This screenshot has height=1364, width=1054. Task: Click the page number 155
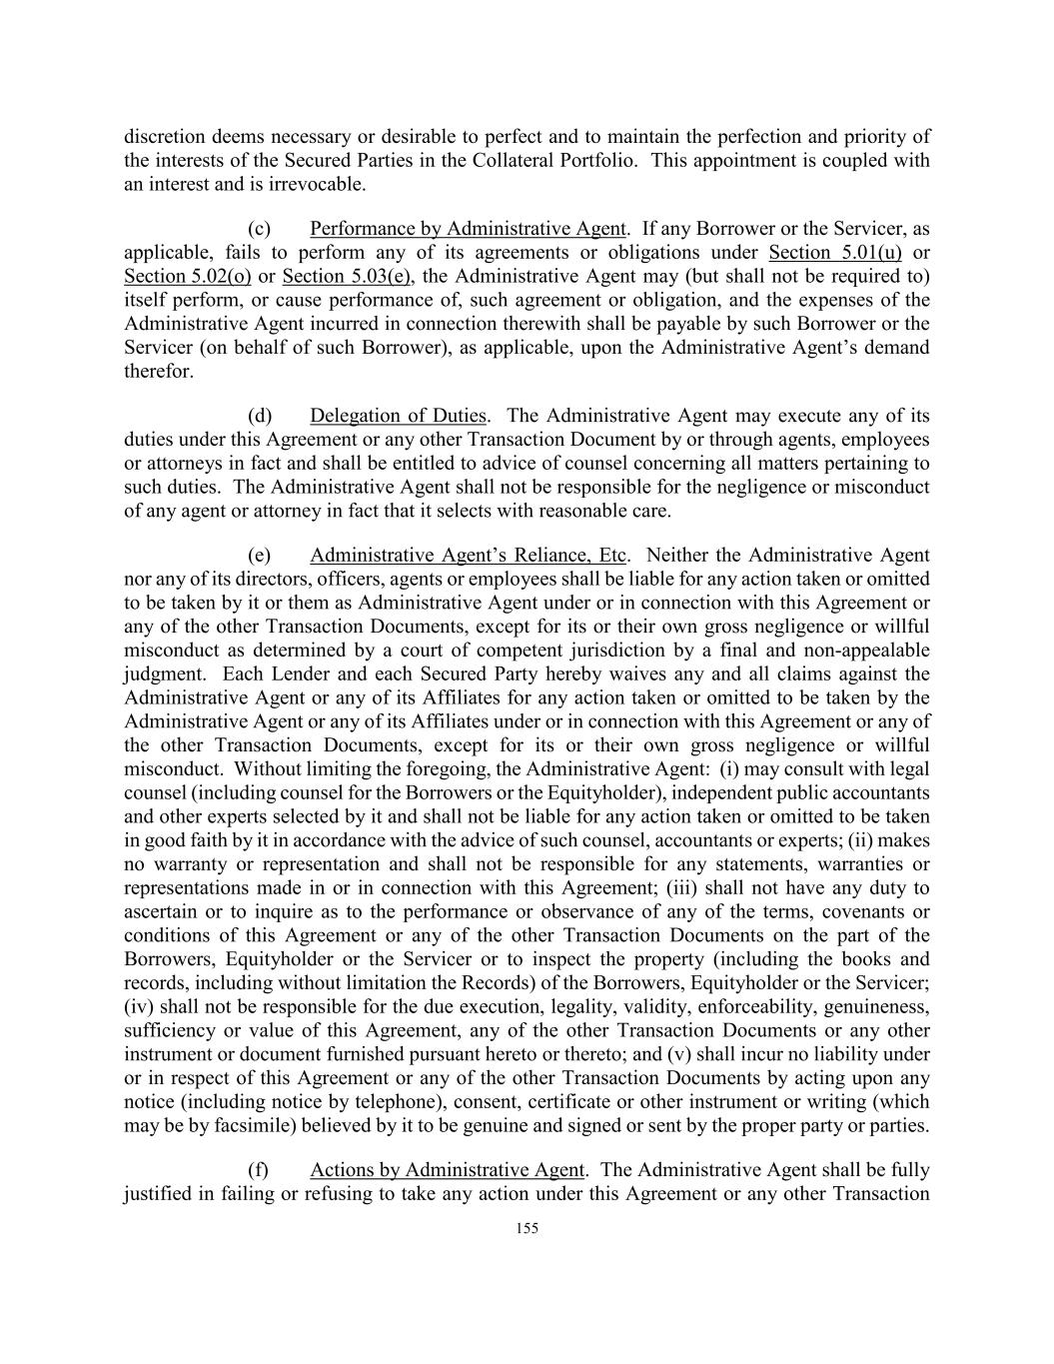point(527,1228)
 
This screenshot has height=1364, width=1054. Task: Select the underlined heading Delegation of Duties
point(398,416)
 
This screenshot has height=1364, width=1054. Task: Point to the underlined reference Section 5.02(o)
point(187,276)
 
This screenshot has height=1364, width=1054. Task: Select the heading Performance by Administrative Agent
point(468,228)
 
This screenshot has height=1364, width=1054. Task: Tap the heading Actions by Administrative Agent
point(447,1169)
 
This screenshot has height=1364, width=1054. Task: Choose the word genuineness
point(878,1006)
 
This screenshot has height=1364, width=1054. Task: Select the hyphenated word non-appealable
point(873,650)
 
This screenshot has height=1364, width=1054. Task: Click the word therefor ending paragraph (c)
point(158,372)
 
